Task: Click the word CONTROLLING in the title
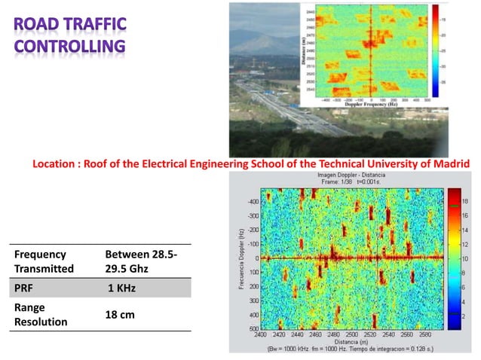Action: [x=70, y=49]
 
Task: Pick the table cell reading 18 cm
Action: [x=120, y=314]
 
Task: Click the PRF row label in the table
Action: [x=24, y=287]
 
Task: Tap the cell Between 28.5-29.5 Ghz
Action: [x=141, y=261]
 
